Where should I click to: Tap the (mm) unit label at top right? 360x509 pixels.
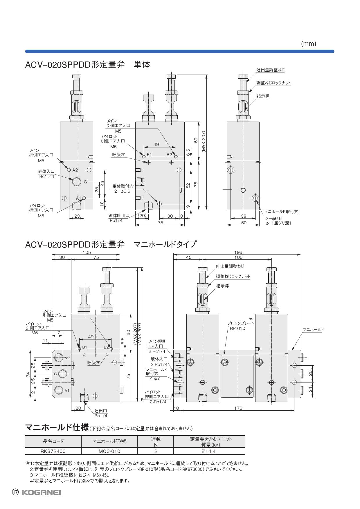[308, 44]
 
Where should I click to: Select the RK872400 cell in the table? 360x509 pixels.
[53, 451]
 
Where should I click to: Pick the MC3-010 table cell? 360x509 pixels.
[109, 451]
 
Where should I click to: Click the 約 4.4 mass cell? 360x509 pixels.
[209, 451]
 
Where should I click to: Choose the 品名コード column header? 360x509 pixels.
[53, 441]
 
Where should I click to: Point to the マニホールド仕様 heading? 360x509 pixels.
[57, 427]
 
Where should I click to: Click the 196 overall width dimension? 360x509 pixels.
[238, 252]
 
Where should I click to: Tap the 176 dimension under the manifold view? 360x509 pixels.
[238, 408]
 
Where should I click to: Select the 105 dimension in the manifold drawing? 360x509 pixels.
[87, 252]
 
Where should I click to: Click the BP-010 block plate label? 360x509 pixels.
[237, 328]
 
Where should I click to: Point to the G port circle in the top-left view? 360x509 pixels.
[77, 182]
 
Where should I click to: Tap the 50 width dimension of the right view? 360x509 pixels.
[244, 223]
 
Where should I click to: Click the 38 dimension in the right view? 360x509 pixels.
[243, 216]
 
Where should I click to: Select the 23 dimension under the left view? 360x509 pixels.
[77, 216]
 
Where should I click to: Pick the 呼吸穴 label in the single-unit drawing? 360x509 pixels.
[118, 155]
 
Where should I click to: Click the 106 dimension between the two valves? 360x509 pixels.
[238, 257]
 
